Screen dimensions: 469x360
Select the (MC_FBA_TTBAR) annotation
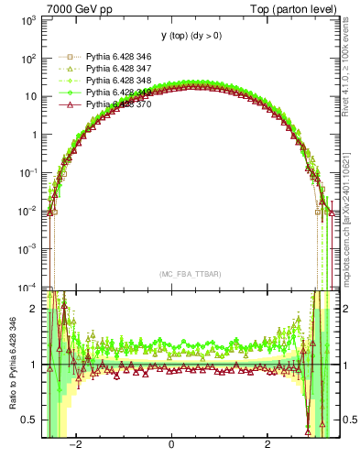pyautogui.click(x=180, y=274)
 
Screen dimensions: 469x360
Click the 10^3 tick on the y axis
pyautogui.click(x=28, y=19)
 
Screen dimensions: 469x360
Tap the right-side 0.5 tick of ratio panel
pyautogui.click(x=347, y=420)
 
